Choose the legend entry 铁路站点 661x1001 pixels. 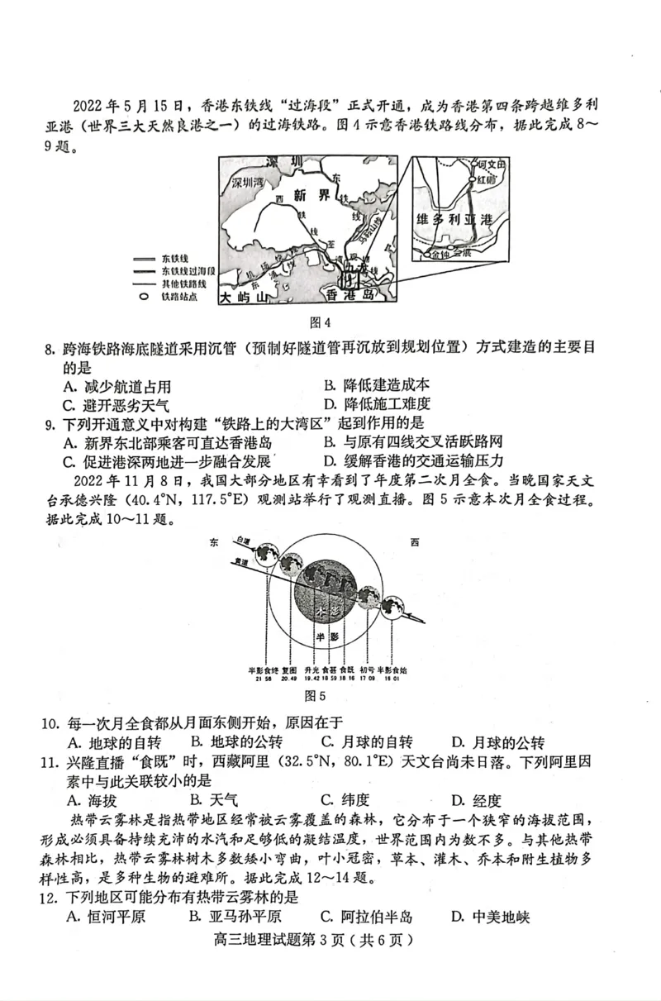[x=180, y=295]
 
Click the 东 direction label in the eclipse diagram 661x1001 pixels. [x=215, y=541]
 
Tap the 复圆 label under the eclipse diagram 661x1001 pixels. [x=288, y=669]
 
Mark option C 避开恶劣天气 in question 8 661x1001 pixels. [x=116, y=405]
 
